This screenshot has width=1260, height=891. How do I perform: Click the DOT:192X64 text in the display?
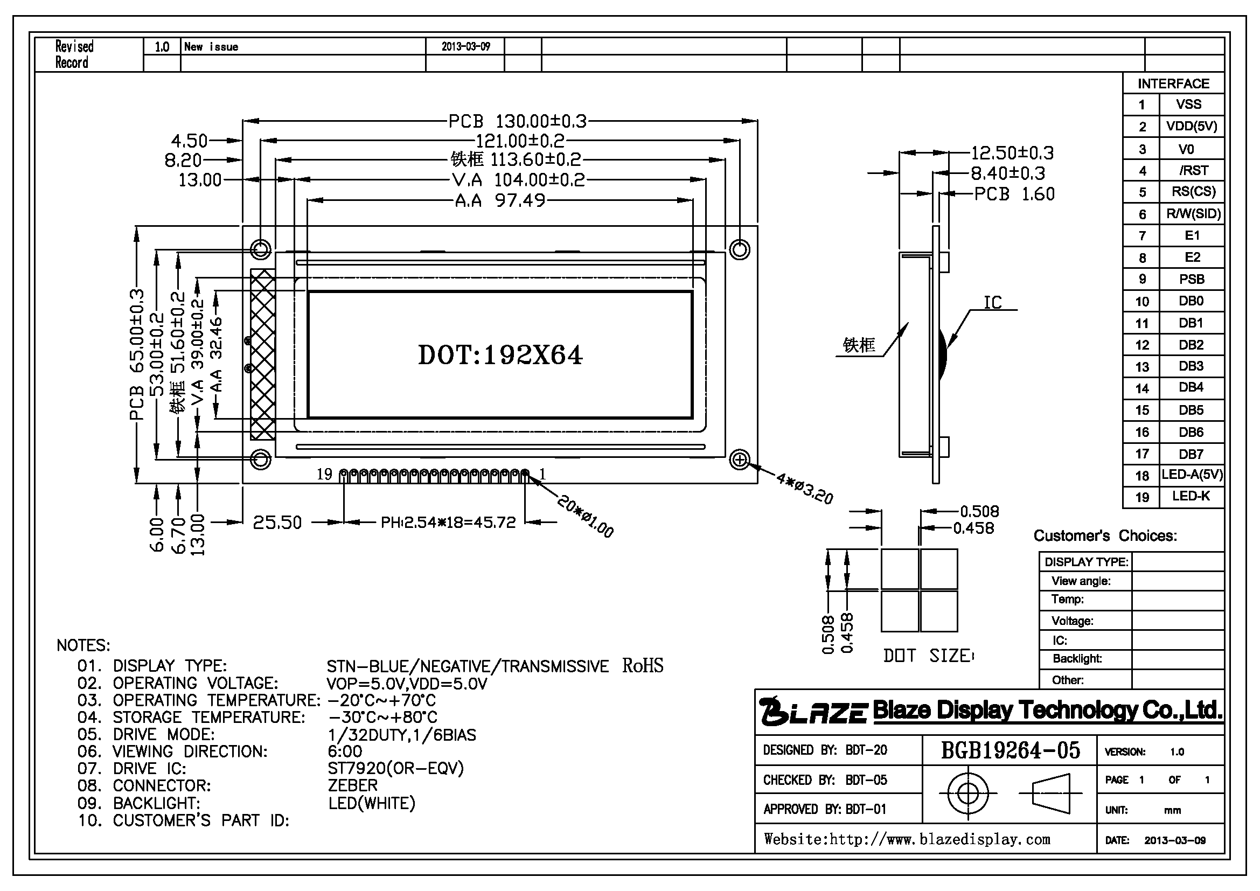pyautogui.click(x=500, y=355)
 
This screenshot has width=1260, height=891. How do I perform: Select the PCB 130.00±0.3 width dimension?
pyautogui.click(x=518, y=121)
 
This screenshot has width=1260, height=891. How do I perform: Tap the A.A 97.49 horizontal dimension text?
pyautogui.click(x=500, y=200)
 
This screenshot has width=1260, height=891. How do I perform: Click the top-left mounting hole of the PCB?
pyautogui.click(x=261, y=249)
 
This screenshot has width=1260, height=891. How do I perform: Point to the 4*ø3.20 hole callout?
pyautogui.click(x=804, y=488)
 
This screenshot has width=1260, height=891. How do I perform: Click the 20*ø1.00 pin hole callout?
pyautogui.click(x=585, y=516)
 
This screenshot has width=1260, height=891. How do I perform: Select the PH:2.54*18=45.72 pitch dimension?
pyautogui.click(x=448, y=522)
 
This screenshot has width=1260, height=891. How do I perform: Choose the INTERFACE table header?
pyautogui.click(x=1173, y=83)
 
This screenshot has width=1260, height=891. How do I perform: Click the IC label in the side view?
pyautogui.click(x=993, y=302)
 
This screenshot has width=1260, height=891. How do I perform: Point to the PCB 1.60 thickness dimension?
pyautogui.click(x=1014, y=194)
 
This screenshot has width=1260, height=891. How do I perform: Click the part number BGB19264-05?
pyautogui.click(x=1011, y=750)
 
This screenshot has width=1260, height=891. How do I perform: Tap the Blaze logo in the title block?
pyautogui.click(x=814, y=711)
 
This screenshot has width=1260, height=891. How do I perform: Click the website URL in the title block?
pyautogui.click(x=907, y=839)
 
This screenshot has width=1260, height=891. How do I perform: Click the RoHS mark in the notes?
pyautogui.click(x=643, y=665)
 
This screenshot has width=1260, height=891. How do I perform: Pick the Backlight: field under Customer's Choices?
pyautogui.click(x=1077, y=658)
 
